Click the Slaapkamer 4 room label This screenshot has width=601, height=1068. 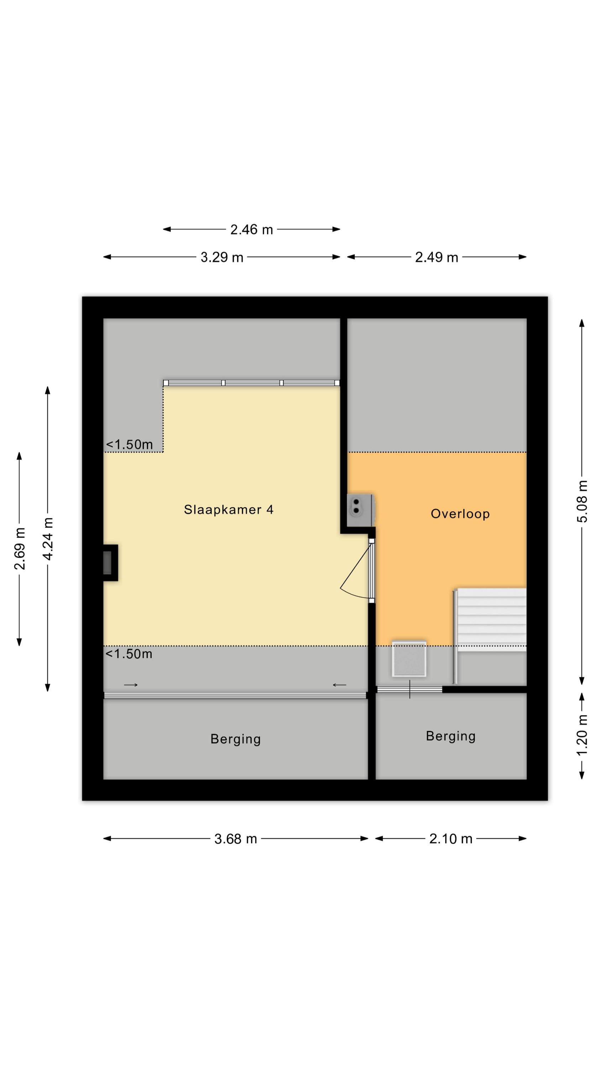click(229, 509)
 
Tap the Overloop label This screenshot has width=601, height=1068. click(460, 514)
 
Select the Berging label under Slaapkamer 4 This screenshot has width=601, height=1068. click(235, 739)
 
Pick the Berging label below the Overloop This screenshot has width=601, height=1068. click(450, 736)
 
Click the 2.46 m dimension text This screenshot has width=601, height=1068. click(251, 229)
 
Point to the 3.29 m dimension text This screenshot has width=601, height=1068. click(222, 257)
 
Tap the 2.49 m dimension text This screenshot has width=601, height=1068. click(437, 257)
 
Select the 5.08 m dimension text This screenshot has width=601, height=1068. click(582, 501)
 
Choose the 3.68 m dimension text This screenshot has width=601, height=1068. click(236, 839)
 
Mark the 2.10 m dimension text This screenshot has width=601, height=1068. click(450, 839)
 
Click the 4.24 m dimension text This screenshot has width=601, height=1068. click(48, 539)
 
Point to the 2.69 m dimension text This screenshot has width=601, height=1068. click(20, 549)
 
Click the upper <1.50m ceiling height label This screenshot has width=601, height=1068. click(129, 444)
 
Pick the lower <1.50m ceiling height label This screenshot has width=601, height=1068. click(129, 654)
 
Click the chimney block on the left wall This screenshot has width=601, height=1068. click(110, 562)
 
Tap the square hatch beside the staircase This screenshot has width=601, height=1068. click(409, 659)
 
